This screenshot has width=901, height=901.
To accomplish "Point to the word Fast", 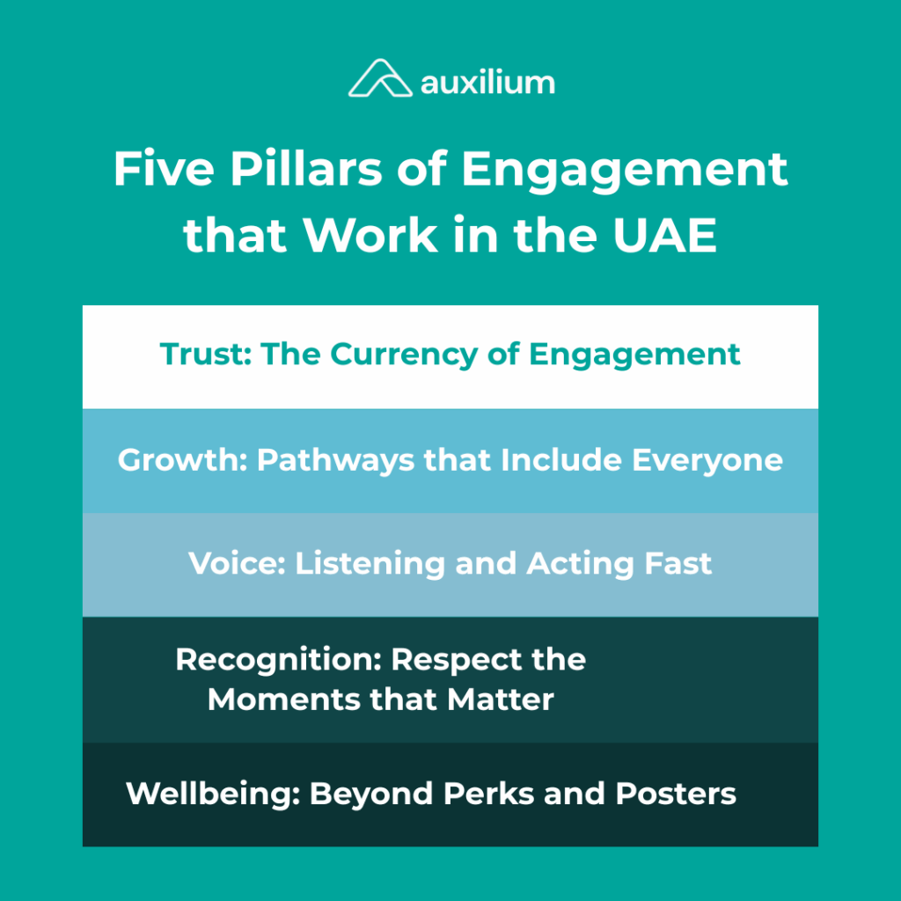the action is coord(677,563).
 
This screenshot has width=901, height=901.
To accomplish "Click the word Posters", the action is coord(676,794).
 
